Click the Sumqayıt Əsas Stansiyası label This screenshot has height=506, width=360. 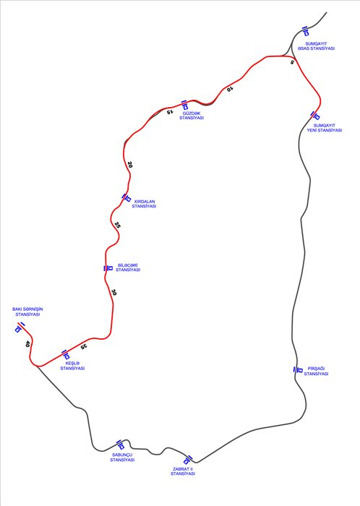coord(316,46)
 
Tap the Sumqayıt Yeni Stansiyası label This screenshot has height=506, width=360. coord(324,128)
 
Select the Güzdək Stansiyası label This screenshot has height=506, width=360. coord(192,116)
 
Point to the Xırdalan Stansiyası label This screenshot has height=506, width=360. coord(144,204)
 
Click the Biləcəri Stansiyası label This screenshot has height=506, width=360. coord(128,267)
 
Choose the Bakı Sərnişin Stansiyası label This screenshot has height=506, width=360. coord(27,312)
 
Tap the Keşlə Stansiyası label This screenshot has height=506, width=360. coord(72,366)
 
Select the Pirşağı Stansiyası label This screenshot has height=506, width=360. coord(316,371)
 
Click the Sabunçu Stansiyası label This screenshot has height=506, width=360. coord(122,458)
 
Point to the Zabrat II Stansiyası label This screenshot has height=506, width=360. coord(183,471)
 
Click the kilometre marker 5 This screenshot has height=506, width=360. coord(292,61)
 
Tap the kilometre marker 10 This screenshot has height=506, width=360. coord(229,88)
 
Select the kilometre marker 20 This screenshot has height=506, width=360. coord(129,165)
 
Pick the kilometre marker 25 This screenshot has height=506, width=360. coord(117,225)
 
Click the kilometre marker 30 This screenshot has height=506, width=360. coord(113,292)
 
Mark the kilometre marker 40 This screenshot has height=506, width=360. coord(27,344)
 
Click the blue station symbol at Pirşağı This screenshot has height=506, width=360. coord(298,369)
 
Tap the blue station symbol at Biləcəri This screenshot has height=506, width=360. coord(108,268)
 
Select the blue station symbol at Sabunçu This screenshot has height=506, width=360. coord(120,445)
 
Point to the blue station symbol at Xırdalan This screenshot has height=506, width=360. coord(126,197)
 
